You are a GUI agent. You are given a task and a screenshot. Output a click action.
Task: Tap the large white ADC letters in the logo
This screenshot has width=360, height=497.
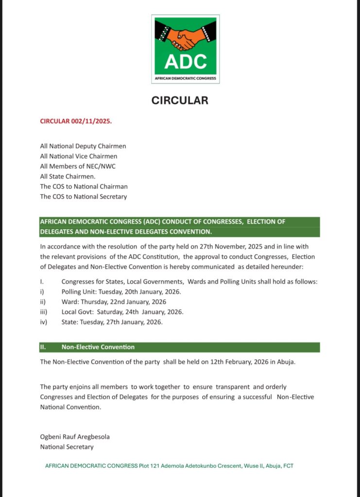186,62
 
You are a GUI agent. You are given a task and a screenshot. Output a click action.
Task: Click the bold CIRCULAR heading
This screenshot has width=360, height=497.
180,100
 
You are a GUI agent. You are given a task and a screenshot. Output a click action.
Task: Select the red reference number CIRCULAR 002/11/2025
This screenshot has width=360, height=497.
76,121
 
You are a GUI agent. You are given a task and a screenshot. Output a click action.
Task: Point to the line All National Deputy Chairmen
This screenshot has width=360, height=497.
83,146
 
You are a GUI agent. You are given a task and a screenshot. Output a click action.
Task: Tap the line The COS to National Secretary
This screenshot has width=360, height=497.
84,197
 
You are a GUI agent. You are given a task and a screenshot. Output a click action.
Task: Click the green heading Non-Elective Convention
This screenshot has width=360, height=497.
98,347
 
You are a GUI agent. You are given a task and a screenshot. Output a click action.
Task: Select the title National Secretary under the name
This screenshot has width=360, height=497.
67,447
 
